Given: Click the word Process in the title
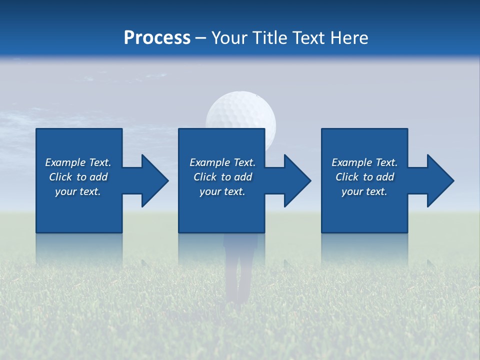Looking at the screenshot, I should (x=157, y=38).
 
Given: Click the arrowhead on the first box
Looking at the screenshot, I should (x=153, y=180).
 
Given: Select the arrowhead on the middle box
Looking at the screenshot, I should (x=296, y=180).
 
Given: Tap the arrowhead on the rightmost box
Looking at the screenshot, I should (x=439, y=180).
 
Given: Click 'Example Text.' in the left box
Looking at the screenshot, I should (x=78, y=162).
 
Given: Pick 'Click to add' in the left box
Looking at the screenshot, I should (x=78, y=177).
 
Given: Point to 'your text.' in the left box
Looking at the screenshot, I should (x=78, y=191).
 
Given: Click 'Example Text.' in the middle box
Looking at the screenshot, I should (x=222, y=162).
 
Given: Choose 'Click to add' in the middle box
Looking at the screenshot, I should (x=222, y=177).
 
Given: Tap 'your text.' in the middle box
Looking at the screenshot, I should (x=222, y=191).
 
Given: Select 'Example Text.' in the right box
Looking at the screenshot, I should (x=364, y=162).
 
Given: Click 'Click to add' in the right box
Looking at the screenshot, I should (x=364, y=177).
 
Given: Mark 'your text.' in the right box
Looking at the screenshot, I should (x=364, y=191).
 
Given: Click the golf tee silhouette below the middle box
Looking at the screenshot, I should (x=240, y=270).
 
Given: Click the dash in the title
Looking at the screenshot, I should (x=201, y=38).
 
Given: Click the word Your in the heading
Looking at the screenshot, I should (x=229, y=38).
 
